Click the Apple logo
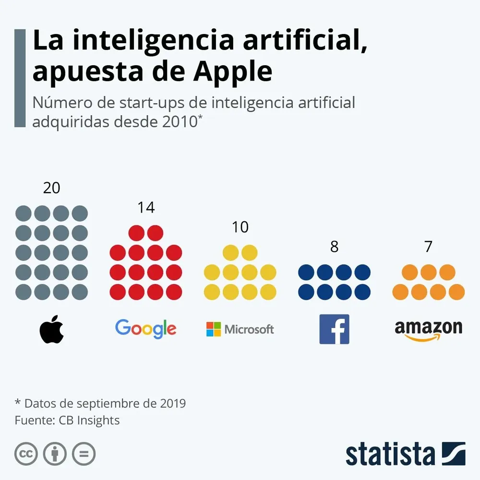(52, 330)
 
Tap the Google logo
(145, 329)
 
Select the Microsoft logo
(240, 329)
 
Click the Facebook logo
(334, 329)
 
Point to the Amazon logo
(428, 330)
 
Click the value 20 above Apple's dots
(52, 188)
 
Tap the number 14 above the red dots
(146, 207)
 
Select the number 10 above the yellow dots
(240, 227)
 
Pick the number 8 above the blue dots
(334, 247)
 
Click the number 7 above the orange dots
(428, 247)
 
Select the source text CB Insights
(89, 420)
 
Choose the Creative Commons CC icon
(26, 453)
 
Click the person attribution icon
(55, 453)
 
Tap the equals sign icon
(84, 453)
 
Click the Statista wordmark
(390, 454)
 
